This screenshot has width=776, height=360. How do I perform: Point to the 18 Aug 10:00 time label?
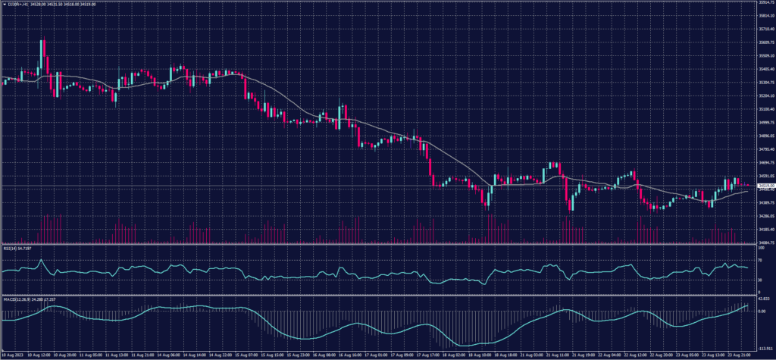pos(483,354)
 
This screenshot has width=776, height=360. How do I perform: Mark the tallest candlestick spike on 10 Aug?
pos(42,45)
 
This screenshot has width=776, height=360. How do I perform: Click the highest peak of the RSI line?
pos(41,260)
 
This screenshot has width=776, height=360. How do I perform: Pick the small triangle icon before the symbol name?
pos(4,5)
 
